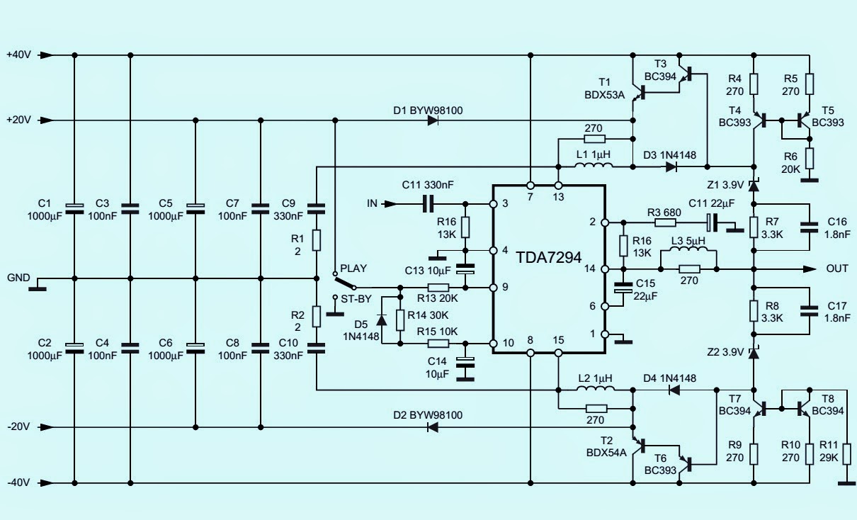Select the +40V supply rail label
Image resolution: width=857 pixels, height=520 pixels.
pyautogui.click(x=18, y=55)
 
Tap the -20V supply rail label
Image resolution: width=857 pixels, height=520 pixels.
pyautogui.click(x=18, y=427)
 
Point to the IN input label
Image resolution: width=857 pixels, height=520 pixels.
pyautogui.click(x=372, y=204)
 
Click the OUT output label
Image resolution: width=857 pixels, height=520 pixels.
pyautogui.click(x=837, y=269)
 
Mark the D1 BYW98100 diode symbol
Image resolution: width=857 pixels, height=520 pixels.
pyautogui.click(x=433, y=120)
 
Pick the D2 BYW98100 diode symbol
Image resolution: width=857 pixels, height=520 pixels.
pyautogui.click(x=433, y=427)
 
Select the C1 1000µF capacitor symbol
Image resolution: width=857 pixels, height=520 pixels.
pyautogui.click(x=74, y=208)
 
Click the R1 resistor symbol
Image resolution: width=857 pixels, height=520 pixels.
pyautogui.click(x=317, y=238)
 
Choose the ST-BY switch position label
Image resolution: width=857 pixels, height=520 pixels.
pyautogui.click(x=356, y=298)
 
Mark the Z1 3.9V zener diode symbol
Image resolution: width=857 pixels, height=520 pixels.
pyautogui.click(x=754, y=186)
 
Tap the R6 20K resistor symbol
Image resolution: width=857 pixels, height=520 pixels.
pyautogui.click(x=810, y=157)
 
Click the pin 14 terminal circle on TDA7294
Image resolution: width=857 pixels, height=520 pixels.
pyautogui.click(x=605, y=269)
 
